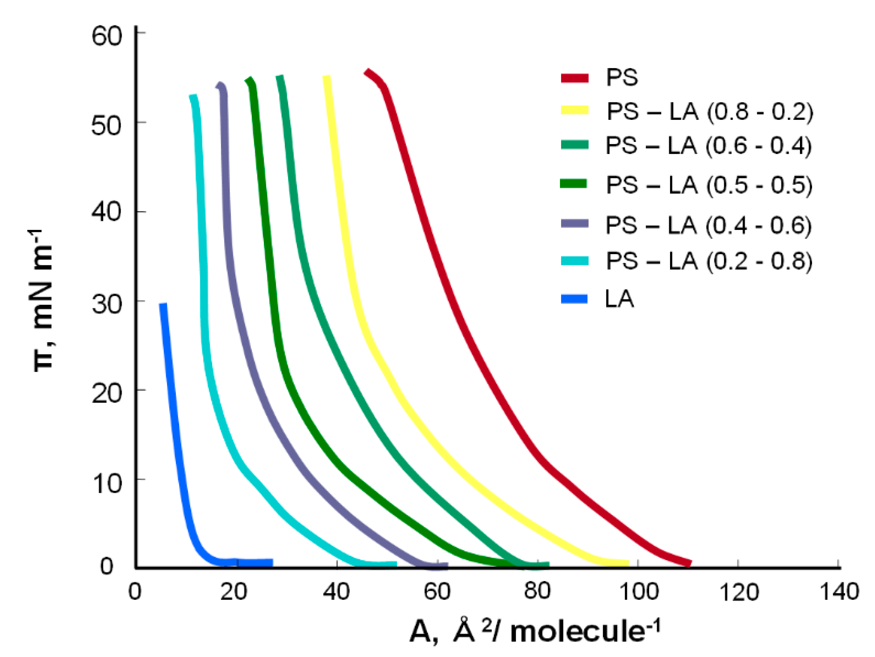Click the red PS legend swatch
[x=574, y=78]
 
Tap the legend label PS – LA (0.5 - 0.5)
[x=709, y=185]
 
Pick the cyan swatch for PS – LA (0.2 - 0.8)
[x=574, y=261]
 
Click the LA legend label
[x=619, y=299]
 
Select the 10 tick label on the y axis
[x=107, y=483]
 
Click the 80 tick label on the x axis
[x=537, y=591]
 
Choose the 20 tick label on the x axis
[x=234, y=592]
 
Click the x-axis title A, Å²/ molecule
[x=535, y=631]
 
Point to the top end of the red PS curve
[x=367, y=72]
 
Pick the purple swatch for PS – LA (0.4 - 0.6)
[x=574, y=223]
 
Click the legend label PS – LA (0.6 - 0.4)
[x=708, y=146]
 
